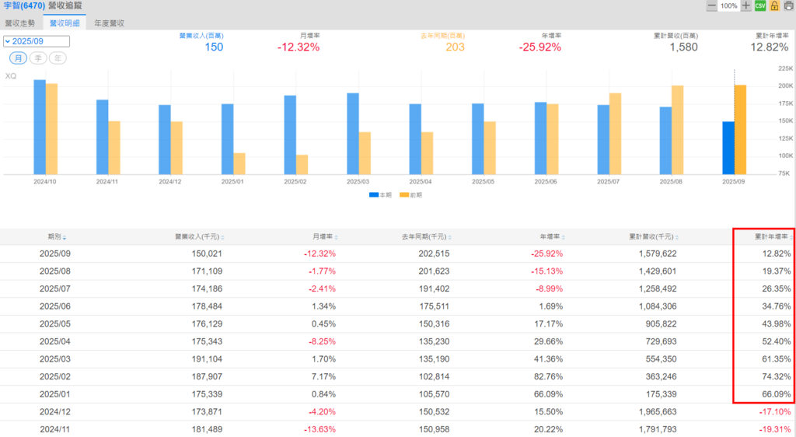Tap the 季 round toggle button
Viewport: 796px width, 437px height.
click(x=38, y=58)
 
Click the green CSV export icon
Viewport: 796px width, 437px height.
click(x=760, y=6)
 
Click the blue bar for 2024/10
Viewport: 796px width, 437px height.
click(x=40, y=127)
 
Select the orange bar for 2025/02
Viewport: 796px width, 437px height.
click(x=302, y=164)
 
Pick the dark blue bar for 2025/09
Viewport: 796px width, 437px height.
click(x=728, y=148)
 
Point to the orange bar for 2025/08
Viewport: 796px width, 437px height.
click(x=677, y=130)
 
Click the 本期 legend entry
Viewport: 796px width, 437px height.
click(x=381, y=195)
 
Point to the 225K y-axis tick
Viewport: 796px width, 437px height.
click(x=784, y=68)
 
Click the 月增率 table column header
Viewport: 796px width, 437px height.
click(x=323, y=236)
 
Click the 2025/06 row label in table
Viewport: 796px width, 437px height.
click(x=55, y=306)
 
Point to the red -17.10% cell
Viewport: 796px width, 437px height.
click(x=776, y=412)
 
